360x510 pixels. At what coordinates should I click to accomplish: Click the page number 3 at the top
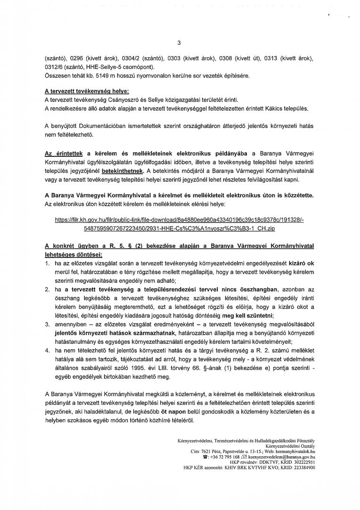(x=179, y=43)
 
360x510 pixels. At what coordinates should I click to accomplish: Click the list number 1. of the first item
(x=47, y=263)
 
